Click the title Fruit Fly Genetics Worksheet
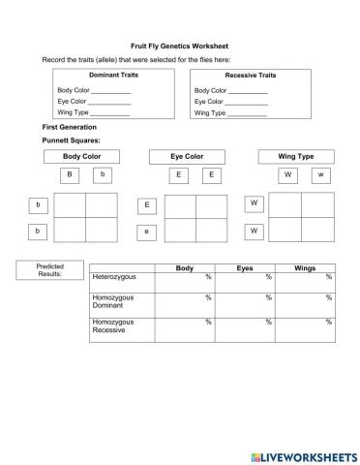[x=179, y=46]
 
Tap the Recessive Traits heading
[x=250, y=75]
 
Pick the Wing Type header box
[x=295, y=156]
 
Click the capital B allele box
[x=69, y=174]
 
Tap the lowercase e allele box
[x=147, y=232]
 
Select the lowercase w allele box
[x=319, y=174]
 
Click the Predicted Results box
[x=49, y=270]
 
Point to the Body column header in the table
[x=184, y=267]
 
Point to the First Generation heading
[x=70, y=127]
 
